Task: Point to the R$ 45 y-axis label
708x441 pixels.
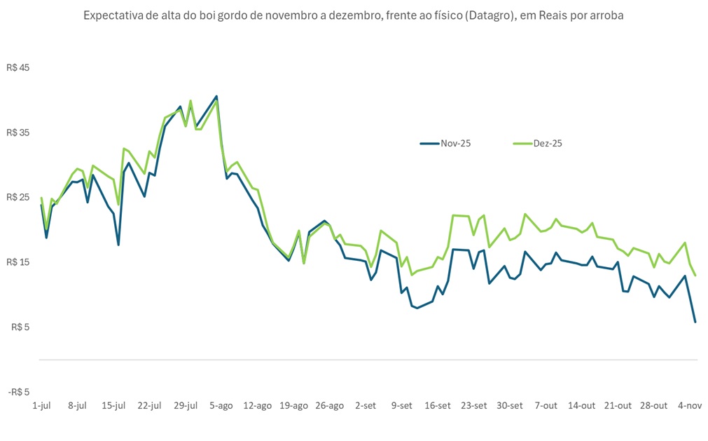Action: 19,68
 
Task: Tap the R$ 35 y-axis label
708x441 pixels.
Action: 19,133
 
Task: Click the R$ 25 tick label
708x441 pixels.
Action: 19,198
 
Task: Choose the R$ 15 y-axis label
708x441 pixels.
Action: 19,262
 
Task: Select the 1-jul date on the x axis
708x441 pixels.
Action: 41,405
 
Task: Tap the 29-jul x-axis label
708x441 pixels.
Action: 186,405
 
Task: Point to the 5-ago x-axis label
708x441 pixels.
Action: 221,405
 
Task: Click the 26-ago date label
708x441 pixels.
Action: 329,405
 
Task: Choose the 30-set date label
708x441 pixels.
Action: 510,405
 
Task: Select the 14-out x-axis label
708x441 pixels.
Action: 582,405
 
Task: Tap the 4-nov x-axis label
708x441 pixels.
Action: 690,405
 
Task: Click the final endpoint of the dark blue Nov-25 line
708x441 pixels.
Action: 695,322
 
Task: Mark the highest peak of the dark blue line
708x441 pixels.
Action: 216,96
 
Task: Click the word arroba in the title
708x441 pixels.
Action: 606,15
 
